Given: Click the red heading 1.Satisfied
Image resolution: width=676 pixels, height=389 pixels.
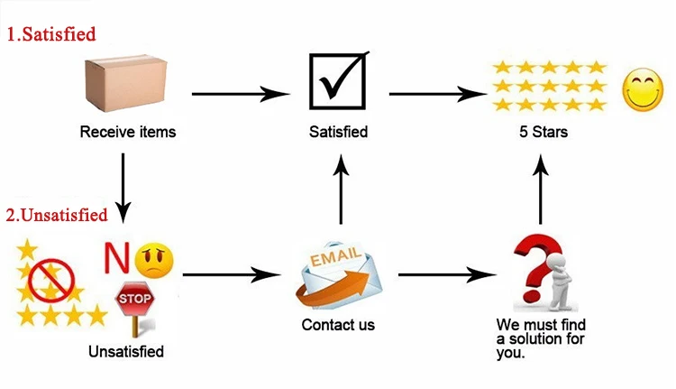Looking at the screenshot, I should point(51,35).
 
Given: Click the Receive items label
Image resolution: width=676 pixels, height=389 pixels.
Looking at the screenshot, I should point(128,132).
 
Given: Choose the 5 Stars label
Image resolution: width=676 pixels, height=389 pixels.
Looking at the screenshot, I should point(544,132).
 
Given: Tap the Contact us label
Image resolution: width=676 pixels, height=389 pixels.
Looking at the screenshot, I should point(338,324).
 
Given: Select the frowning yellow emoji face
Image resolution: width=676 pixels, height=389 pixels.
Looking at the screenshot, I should point(154,260).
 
